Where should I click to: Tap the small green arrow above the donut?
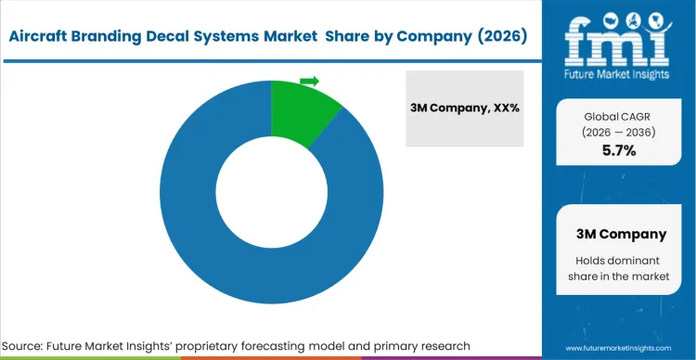click(310, 81)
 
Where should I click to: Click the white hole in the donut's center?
click(271, 191)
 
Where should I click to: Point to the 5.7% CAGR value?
click(618, 151)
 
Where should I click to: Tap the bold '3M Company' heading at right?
click(618, 234)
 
